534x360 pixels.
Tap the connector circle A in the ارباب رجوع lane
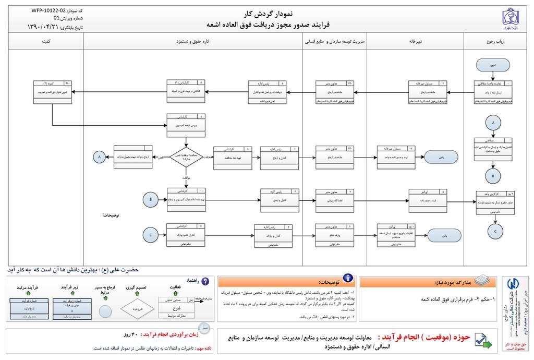pos(492,122)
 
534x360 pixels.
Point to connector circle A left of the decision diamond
pos(98,156)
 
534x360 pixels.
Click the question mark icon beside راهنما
pos(205,281)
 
